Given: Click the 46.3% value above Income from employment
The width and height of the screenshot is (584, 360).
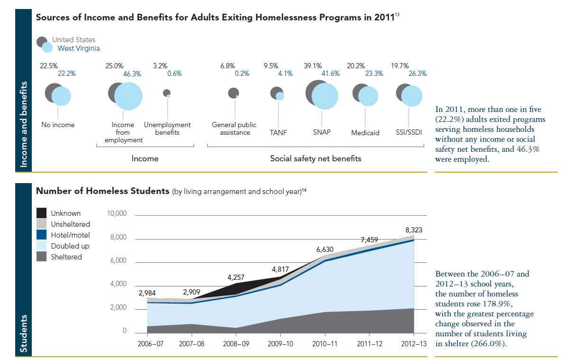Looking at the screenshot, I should click(x=132, y=74).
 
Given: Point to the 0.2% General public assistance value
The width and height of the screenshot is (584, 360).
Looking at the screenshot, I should click(x=242, y=74).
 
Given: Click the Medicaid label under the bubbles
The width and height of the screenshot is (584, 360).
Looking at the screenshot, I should click(x=365, y=133).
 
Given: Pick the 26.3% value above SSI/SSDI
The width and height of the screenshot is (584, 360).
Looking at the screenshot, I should click(x=418, y=74).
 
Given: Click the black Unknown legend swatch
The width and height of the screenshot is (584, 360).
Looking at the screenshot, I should click(x=42, y=213).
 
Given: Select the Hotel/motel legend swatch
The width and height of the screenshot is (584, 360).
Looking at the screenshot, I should click(x=42, y=235).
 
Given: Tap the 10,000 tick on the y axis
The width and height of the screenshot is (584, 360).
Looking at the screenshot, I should click(x=117, y=214).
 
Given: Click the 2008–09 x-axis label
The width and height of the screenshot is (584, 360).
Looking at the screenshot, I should click(x=236, y=343).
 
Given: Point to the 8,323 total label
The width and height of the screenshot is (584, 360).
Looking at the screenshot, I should click(x=414, y=230).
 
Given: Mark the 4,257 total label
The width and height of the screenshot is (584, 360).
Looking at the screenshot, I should click(x=236, y=277).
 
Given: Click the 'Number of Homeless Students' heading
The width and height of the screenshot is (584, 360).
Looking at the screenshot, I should click(x=102, y=191).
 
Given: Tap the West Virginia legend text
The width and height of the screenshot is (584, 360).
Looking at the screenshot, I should click(x=79, y=48).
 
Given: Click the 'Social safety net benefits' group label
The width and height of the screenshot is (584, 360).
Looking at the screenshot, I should click(x=315, y=159).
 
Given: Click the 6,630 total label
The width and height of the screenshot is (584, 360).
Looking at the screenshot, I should click(x=325, y=249).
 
